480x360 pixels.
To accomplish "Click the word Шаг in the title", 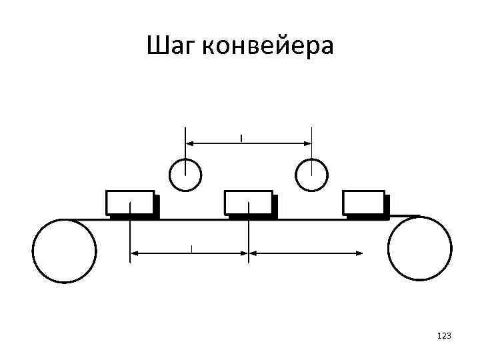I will (171, 47).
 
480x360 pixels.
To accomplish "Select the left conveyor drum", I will (65, 251).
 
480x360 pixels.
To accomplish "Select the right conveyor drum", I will (419, 248).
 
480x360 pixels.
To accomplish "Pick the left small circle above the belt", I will (185, 175).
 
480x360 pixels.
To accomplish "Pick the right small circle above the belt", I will (311, 175).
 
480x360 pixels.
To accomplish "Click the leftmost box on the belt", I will (130, 202).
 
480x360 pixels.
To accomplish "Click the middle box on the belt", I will (248, 202).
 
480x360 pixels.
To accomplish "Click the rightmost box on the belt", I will (364, 202).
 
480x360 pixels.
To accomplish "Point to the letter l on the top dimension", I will (241, 138).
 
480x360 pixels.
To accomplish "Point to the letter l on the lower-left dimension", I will (191, 249).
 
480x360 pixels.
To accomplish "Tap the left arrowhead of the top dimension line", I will (189, 143).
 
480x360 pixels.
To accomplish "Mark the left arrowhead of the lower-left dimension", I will (133, 253).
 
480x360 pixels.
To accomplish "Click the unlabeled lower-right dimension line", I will (307, 253).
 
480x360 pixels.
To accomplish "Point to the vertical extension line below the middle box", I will (249, 240).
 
